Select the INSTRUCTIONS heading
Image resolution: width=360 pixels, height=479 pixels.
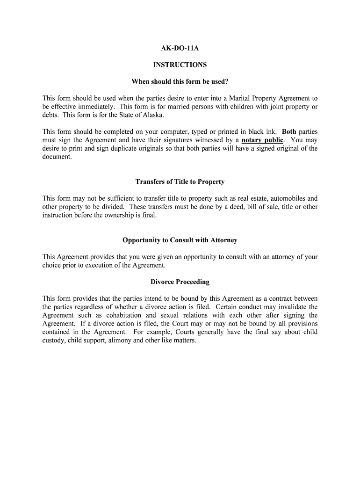[180, 65]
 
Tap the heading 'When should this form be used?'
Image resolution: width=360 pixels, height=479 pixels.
[180, 82]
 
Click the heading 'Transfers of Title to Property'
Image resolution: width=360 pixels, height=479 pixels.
[180, 181]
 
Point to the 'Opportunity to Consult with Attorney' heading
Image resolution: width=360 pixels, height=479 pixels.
[180, 240]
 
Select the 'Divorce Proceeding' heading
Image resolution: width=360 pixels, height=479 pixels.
[180, 282]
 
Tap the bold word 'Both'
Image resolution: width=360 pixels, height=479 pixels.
[289, 131]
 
